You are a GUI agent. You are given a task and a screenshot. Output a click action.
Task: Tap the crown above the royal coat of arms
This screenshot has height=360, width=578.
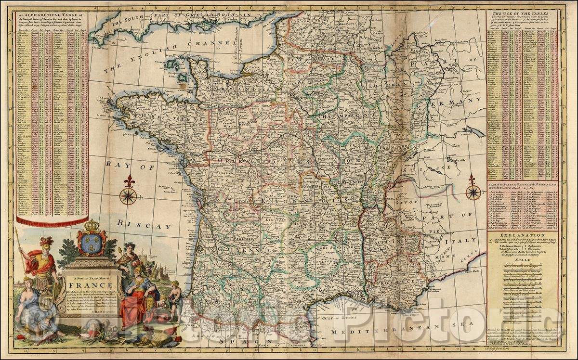92,225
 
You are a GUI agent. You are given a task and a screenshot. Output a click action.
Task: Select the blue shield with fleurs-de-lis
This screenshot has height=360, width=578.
92,243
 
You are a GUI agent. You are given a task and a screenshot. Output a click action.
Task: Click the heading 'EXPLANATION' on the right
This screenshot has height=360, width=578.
525,234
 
